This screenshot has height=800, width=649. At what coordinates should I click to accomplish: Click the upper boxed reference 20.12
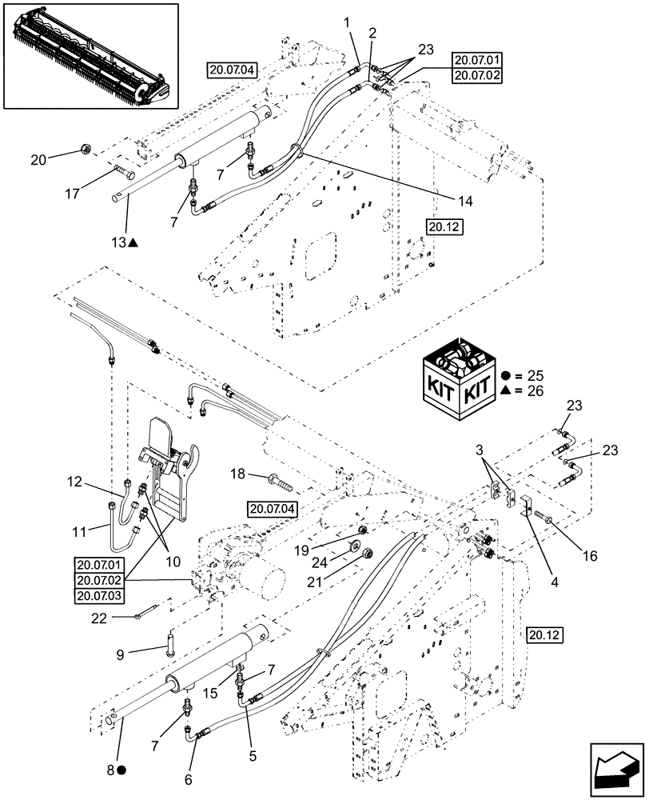[x=445, y=227]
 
